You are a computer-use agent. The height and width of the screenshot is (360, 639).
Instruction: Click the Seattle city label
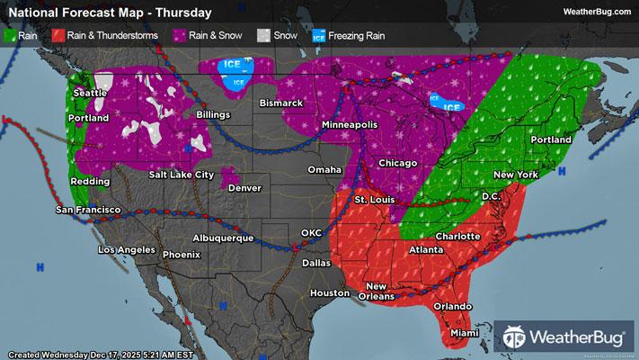tap(89, 93)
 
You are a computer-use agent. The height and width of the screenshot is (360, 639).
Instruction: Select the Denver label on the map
tap(244, 188)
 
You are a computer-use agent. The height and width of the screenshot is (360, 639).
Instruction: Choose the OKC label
tap(311, 232)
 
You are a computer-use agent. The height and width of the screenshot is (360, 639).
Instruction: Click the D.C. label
tap(492, 195)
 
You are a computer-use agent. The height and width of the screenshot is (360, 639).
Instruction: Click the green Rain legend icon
tap(10, 37)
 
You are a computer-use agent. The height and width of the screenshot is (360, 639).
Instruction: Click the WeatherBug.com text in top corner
tap(595, 12)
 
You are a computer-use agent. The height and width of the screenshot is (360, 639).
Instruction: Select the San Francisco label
tap(88, 210)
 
